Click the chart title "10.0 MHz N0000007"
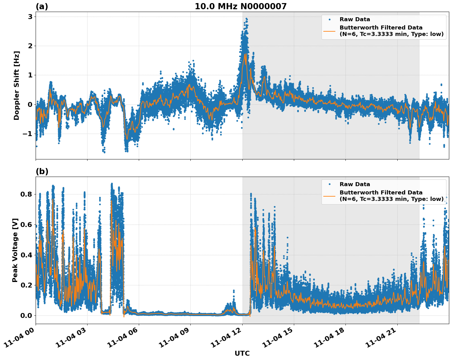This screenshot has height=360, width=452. pos(240,6)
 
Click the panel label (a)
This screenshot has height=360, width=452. pos(42,6)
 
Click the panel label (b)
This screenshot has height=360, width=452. pos(42,171)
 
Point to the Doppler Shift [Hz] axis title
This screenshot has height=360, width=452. pos(17,85)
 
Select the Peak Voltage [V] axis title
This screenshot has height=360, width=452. pos(15,250)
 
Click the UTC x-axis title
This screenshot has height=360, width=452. pos(242,353)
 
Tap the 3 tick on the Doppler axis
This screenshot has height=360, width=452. pos(30,17)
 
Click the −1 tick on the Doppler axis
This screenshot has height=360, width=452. pos(28,134)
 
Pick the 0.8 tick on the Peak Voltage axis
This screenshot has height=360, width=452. pos(27,194)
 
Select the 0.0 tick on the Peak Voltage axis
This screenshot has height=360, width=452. pos(27,315)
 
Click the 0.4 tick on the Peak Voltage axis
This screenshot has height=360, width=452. pos(27,255)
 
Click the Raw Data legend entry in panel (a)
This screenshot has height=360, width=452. pos(355,19)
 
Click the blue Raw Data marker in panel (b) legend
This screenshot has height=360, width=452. pos(329,184)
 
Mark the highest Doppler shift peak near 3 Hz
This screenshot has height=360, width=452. pos(246,19)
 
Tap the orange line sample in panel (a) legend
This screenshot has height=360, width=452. pos(329,31)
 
